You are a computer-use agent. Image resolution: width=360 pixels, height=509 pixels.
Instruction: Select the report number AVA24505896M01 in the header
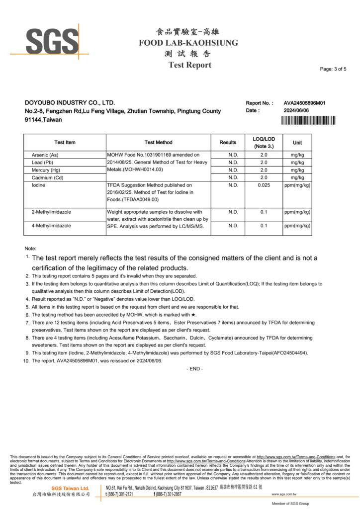click(x=305, y=103)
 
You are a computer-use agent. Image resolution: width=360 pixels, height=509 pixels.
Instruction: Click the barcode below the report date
click(x=308, y=120)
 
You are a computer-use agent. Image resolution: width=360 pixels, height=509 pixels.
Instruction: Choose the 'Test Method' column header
click(x=159, y=143)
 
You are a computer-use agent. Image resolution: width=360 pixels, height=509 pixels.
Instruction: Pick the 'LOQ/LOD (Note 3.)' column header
click(x=264, y=143)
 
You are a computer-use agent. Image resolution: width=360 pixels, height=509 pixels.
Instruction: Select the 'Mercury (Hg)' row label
click(x=46, y=170)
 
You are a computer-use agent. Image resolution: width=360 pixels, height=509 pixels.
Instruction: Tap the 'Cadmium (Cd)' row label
click(x=47, y=177)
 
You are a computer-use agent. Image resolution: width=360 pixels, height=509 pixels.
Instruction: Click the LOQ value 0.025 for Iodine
click(x=264, y=185)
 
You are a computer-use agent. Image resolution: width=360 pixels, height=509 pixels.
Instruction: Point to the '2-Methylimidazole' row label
click(x=51, y=212)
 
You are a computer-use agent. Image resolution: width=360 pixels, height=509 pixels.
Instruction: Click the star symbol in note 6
click(x=194, y=315)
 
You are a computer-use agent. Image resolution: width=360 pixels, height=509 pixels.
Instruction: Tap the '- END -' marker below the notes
click(x=194, y=368)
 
